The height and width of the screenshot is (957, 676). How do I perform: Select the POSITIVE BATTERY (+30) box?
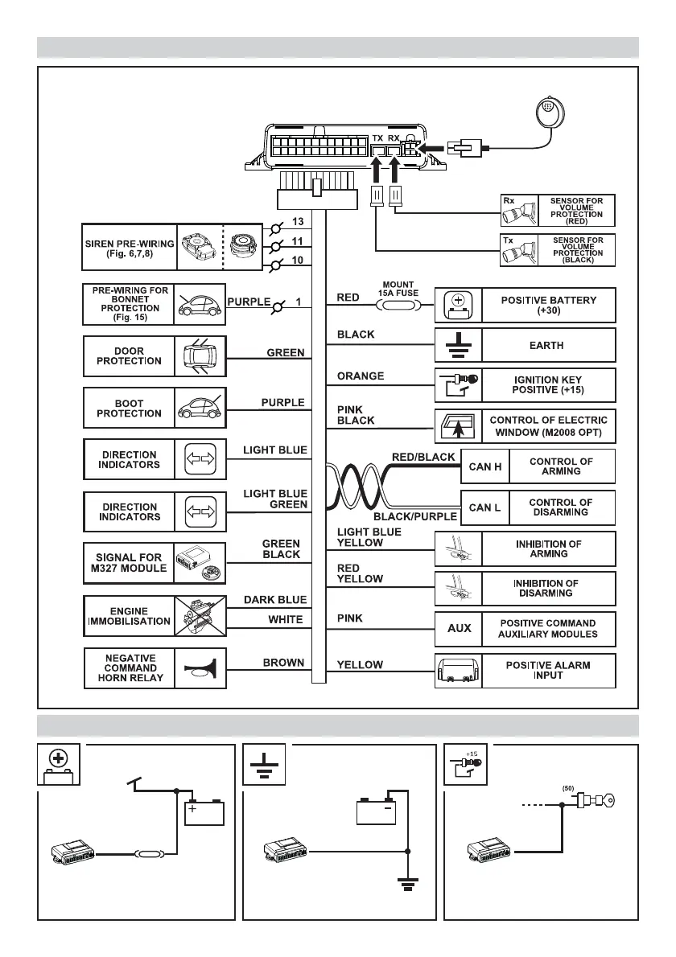tap(550, 305)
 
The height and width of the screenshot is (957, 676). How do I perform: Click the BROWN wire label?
tap(283, 663)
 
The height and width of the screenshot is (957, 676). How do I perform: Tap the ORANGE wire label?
tap(360, 376)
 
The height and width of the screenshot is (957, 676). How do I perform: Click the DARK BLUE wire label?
tap(275, 599)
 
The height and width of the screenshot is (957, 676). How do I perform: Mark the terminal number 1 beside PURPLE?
tap(297, 302)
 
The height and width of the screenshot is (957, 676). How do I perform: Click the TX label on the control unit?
tap(377, 138)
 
